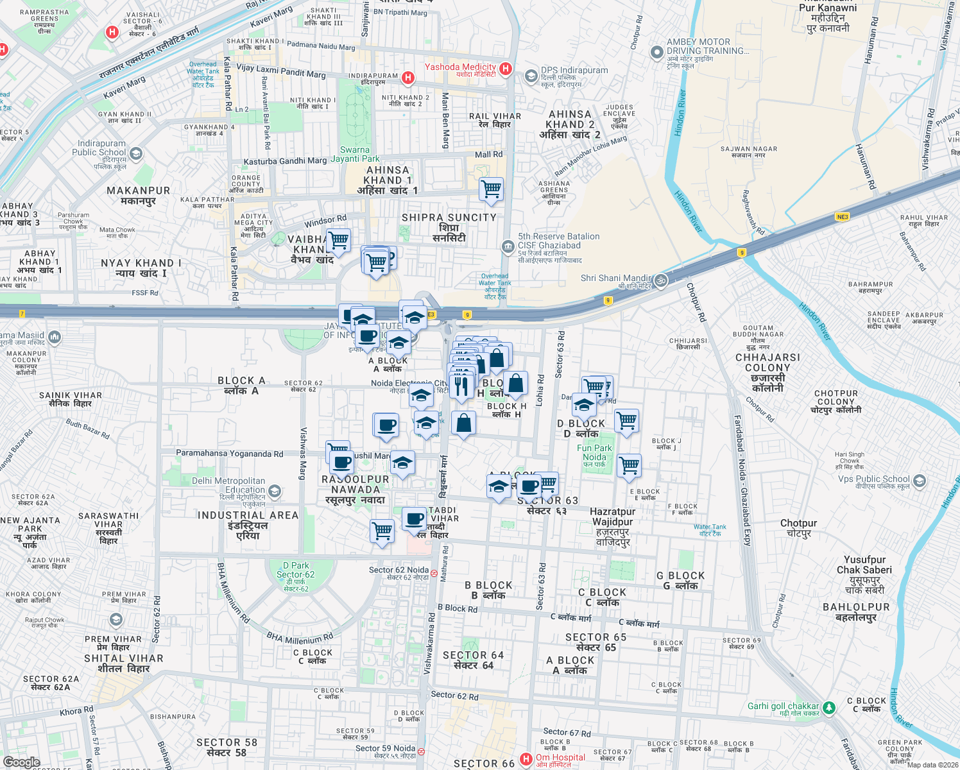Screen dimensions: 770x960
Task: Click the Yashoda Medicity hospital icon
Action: [506, 69]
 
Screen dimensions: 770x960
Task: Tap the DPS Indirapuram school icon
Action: [531, 76]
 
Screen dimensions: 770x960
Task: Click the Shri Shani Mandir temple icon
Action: [661, 280]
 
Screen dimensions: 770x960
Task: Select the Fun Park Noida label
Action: [594, 453]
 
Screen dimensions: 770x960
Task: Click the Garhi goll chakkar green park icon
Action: [829, 708]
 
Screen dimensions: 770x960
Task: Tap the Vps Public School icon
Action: [919, 481]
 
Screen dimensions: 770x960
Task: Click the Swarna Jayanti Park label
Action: [356, 154]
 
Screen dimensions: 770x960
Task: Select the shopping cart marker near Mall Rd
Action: [491, 189]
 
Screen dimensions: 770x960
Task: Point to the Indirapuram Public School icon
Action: [135, 153]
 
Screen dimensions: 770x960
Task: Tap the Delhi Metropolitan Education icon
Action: [275, 492]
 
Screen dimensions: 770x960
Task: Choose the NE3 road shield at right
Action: [842, 217]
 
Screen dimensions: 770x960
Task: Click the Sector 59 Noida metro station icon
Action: [421, 751]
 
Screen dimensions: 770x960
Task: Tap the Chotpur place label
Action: [798, 527]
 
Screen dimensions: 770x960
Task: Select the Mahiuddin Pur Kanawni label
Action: [828, 18]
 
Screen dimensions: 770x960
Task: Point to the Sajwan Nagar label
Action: [748, 151]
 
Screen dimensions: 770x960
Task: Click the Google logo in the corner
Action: [21, 762]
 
